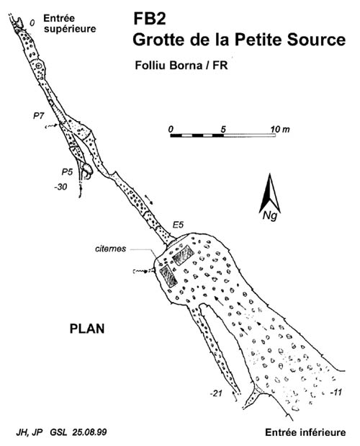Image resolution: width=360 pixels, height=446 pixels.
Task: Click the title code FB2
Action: point(150,19)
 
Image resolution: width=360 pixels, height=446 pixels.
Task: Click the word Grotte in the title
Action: point(158,40)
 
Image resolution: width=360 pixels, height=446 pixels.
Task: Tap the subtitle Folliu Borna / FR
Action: point(181,66)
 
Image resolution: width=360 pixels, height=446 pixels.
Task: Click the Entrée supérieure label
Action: point(70,24)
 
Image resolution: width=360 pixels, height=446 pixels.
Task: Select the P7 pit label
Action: point(40,116)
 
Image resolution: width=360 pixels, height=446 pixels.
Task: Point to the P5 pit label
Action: point(68,171)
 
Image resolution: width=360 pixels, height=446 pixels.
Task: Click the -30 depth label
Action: point(60,187)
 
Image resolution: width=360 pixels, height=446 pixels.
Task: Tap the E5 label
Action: point(178,225)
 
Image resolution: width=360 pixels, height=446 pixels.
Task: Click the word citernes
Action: point(111,249)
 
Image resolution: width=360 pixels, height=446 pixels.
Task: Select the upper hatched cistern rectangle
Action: point(183,255)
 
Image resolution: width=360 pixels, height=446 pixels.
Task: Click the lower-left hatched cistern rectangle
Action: point(168,276)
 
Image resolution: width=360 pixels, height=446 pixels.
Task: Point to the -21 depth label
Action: point(216,393)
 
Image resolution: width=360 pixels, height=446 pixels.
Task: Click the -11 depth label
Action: point(336,393)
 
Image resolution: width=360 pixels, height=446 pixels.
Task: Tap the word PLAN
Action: point(87,329)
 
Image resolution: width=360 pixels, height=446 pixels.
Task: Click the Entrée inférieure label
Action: point(305,432)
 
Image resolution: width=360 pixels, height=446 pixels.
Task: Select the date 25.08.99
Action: point(89,432)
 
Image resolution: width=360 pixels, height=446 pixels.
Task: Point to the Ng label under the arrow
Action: point(270,216)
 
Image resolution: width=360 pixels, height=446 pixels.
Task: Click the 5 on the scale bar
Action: point(223,130)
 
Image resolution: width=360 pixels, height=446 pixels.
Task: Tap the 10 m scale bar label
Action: point(280,129)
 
